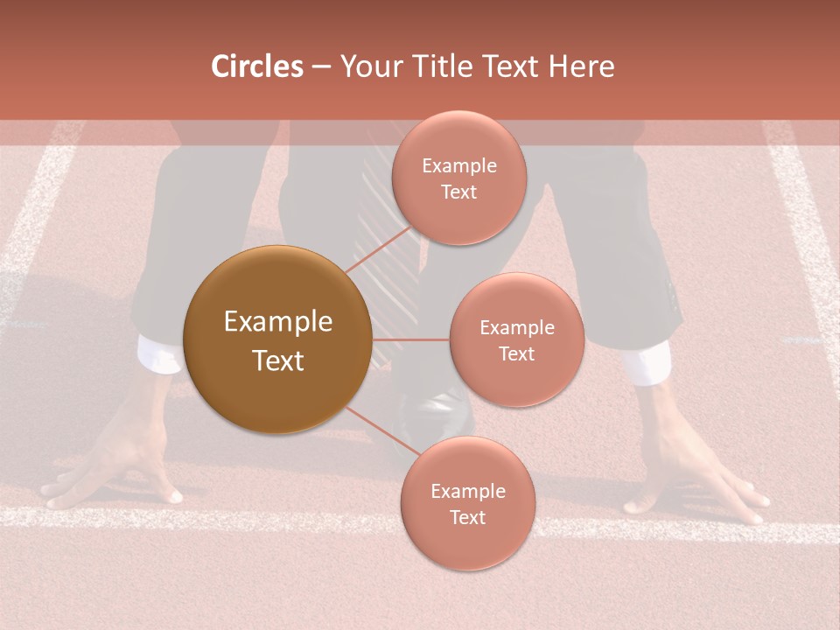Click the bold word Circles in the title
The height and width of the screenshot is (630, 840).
256,66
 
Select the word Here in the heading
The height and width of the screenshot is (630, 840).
581,66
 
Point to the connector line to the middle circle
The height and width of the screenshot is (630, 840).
410,339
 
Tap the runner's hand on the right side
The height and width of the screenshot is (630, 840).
691,464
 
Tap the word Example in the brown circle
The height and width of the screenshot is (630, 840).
278,322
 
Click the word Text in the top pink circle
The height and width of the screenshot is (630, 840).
458,192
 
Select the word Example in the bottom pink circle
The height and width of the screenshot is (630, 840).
467,491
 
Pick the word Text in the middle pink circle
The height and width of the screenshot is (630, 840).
516,353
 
